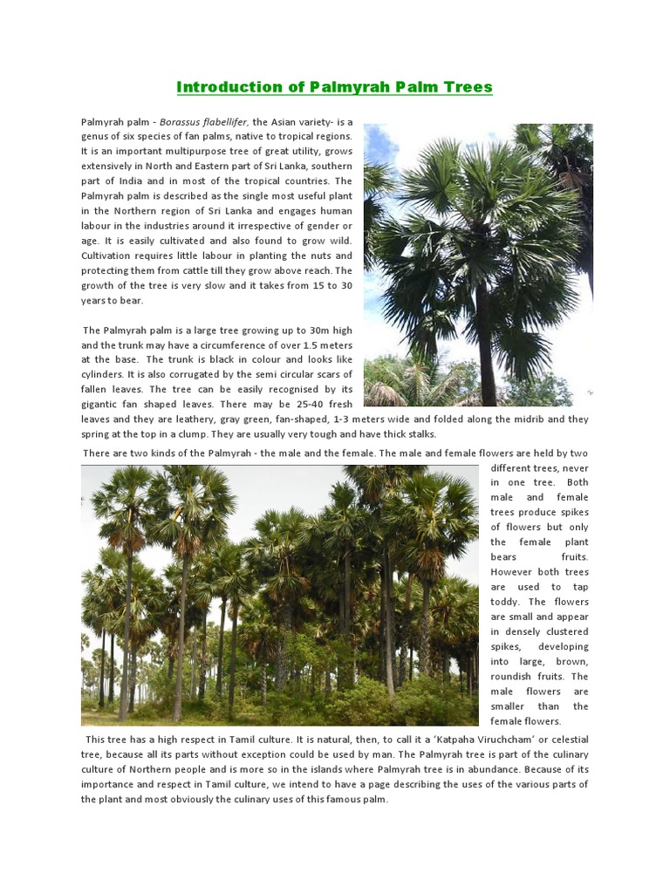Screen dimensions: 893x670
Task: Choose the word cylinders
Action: coord(106,374)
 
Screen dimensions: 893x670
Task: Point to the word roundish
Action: coord(513,676)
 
